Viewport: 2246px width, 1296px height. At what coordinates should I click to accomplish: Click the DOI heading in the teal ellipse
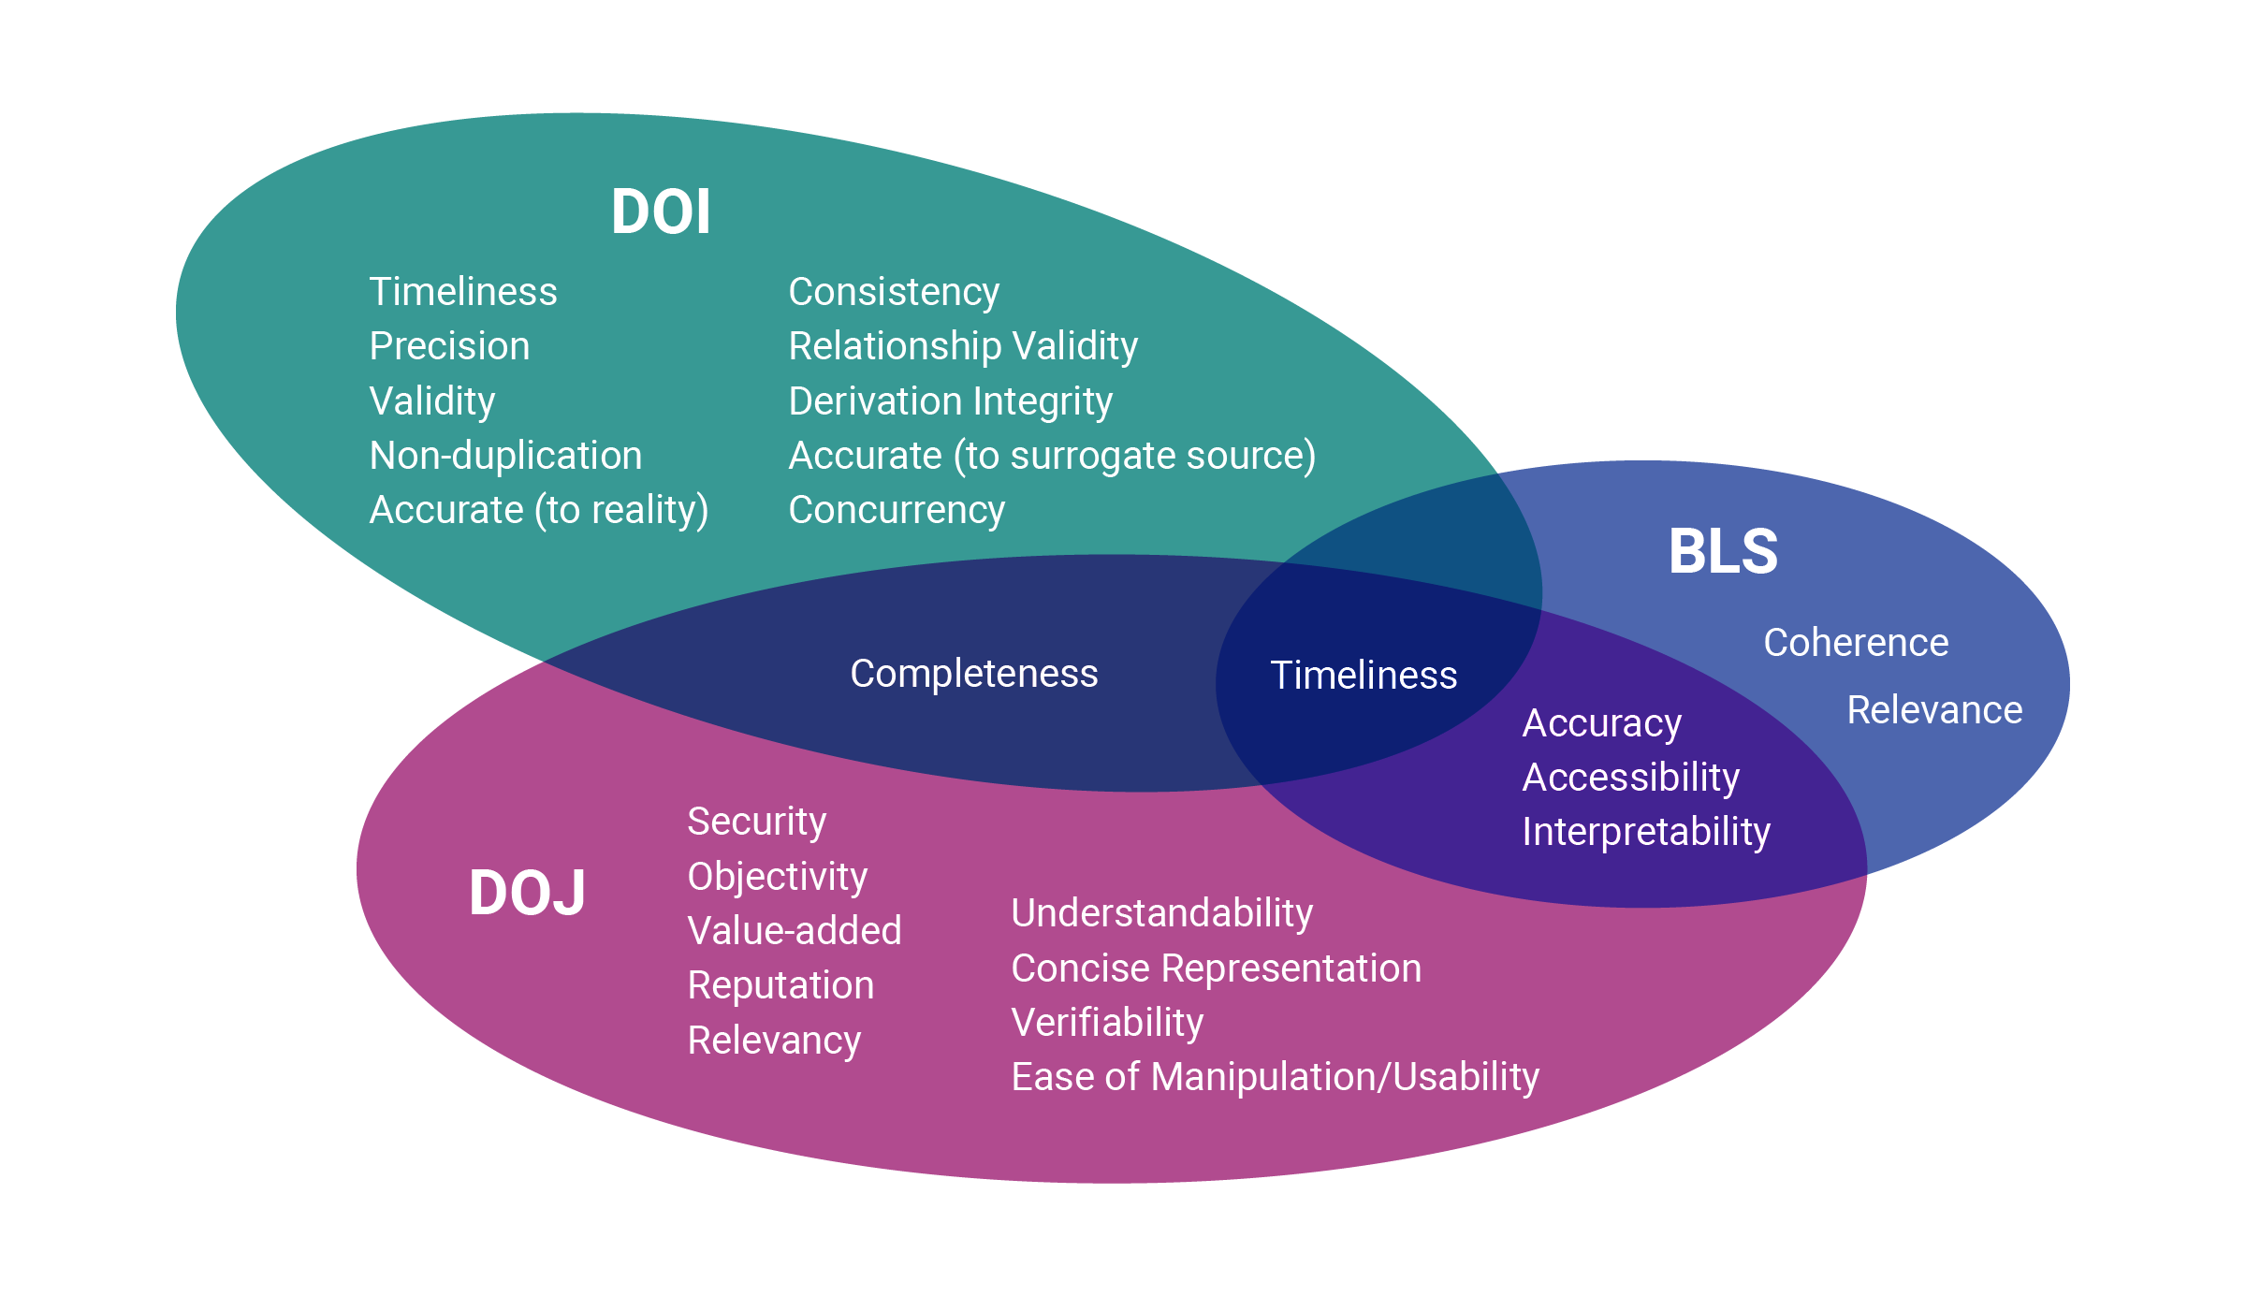pos(661,211)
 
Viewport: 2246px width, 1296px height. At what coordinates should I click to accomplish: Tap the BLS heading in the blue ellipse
pos(1723,551)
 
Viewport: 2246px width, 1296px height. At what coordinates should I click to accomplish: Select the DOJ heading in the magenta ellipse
pos(527,893)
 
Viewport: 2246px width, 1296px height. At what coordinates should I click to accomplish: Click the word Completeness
pos(973,674)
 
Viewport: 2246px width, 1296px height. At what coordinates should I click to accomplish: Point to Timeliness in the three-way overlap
pos(1364,675)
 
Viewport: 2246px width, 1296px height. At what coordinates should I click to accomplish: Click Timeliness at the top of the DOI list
pos(463,291)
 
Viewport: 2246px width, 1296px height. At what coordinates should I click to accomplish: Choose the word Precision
pos(449,345)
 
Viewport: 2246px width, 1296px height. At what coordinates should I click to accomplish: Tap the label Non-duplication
pos(505,455)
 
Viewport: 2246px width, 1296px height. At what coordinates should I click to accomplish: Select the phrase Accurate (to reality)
pos(539,510)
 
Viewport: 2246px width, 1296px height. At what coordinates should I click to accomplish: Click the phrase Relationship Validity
pos(963,346)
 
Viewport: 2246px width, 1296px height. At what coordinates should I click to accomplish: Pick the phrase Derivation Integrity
pos(951,401)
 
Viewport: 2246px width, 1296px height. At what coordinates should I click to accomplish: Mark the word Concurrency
pos(897,510)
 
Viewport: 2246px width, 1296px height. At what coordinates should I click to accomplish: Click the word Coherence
pos(1856,643)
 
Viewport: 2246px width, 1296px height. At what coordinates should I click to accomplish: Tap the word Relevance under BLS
pos(1934,710)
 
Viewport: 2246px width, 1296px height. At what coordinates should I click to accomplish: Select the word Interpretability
pos(1646,832)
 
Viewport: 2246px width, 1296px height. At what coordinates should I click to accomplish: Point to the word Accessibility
pos(1631,778)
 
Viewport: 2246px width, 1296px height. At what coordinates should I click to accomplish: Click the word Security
pos(757,822)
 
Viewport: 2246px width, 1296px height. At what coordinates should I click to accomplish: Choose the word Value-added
pos(795,931)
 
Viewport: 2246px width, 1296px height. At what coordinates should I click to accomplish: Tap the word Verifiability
pos(1107,1023)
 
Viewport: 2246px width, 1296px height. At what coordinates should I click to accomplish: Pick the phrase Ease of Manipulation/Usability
pos(1276,1077)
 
